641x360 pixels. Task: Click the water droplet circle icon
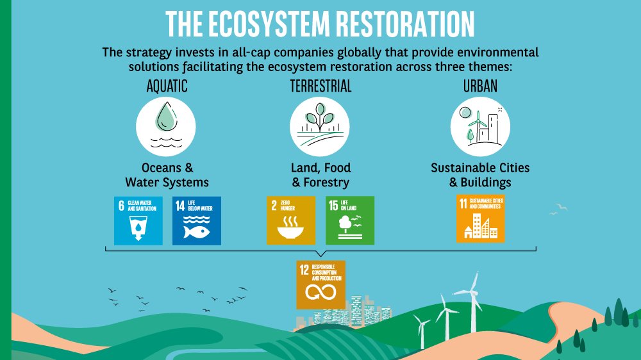[166, 125]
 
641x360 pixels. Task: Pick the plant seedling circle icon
[319, 125]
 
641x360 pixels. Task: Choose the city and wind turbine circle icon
[480, 125]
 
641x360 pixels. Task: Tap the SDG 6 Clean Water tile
[138, 220]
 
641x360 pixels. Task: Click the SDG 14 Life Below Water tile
[196, 220]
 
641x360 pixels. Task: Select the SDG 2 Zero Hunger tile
[291, 220]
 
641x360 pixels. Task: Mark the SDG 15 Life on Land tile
[349, 220]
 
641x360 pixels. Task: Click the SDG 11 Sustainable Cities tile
[480, 219]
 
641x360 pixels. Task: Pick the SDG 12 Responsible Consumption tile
[320, 284]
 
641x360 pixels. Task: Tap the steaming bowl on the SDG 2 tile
[290, 229]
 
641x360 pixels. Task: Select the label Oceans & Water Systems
[167, 175]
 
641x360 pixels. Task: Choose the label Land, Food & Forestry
[320, 175]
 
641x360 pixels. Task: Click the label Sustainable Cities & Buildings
[480, 175]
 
